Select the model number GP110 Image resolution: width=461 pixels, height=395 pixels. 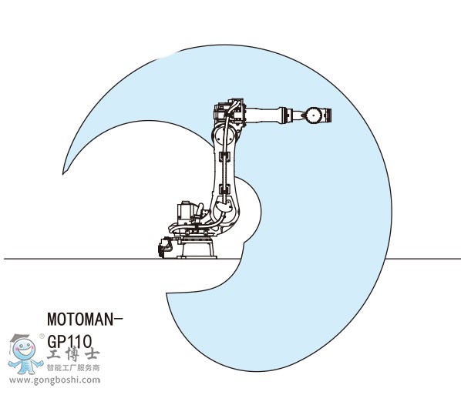69,341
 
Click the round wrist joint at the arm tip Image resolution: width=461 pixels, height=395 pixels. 315,115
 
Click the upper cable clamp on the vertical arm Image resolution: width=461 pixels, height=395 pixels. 224,157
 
